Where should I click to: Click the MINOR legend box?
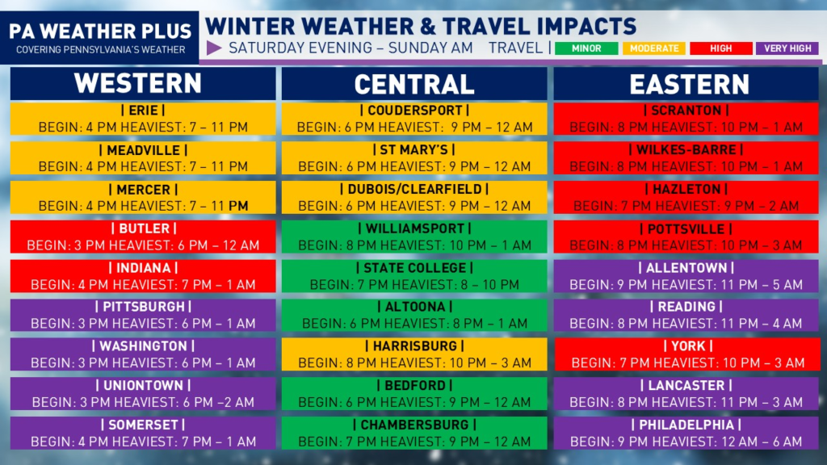pyautogui.click(x=586, y=48)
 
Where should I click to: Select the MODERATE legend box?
pyautogui.click(x=654, y=48)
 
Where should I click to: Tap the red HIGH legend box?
pyautogui.click(x=721, y=48)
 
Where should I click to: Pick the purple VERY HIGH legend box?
pyautogui.click(x=787, y=48)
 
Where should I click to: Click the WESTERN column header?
pyautogui.click(x=137, y=83)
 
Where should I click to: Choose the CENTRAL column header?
pyautogui.click(x=414, y=84)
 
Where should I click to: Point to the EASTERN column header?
pyautogui.click(x=689, y=84)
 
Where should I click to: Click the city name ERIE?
pyautogui.click(x=143, y=110)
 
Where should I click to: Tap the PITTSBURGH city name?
pyautogui.click(x=144, y=307)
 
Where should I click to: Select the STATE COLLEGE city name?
pyautogui.click(x=414, y=268)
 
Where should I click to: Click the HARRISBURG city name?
pyautogui.click(x=414, y=346)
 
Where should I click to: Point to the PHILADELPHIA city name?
pyautogui.click(x=686, y=425)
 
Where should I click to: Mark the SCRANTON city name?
pyautogui.click(x=686, y=110)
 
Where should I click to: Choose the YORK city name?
pyautogui.click(x=688, y=346)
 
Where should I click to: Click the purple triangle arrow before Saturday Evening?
pyautogui.click(x=214, y=48)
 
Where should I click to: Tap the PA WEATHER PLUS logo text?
pyautogui.click(x=100, y=31)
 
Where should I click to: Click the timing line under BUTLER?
pyautogui.click(x=143, y=245)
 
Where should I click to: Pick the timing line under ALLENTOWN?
pyautogui.click(x=686, y=285)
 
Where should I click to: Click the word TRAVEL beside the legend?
pyautogui.click(x=515, y=48)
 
